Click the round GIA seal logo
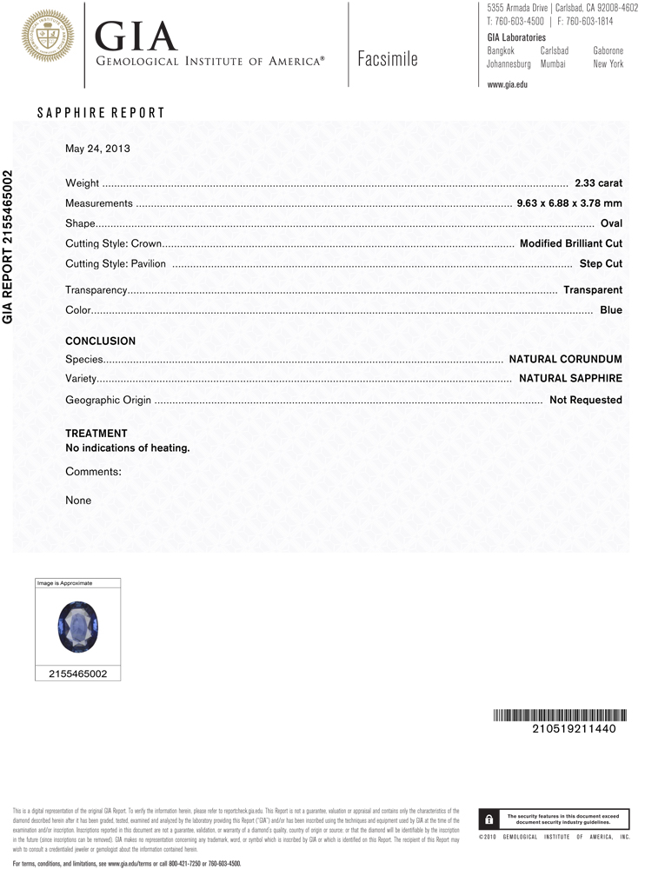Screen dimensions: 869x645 (48, 36)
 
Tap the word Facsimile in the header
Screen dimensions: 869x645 (387, 59)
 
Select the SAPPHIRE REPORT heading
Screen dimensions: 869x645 (101, 113)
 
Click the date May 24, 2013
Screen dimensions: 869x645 (97, 149)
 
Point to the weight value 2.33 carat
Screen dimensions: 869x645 (598, 183)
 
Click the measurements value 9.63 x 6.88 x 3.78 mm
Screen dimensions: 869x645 (569, 203)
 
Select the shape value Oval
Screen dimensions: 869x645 (611, 223)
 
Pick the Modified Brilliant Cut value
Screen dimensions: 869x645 (570, 243)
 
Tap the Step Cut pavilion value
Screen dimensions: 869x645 (601, 263)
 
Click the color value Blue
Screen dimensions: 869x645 (611, 310)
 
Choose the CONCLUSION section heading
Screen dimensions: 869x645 (101, 342)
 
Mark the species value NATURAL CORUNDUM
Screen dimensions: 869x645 (565, 359)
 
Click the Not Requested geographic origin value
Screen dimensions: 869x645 (585, 400)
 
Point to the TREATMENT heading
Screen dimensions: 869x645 (96, 433)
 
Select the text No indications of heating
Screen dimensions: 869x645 (128, 448)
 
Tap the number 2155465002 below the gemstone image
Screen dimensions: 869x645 (78, 673)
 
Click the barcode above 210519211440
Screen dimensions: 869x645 (555, 716)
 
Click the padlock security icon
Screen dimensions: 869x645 (489, 819)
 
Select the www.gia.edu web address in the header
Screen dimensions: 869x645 (508, 84)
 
